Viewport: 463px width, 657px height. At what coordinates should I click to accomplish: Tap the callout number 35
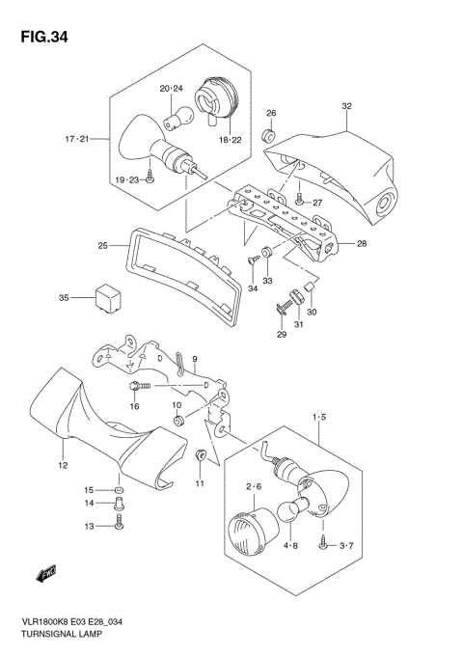point(65,297)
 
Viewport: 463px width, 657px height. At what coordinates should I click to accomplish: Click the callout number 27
point(315,204)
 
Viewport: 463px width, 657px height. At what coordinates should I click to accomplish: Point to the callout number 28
point(363,244)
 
